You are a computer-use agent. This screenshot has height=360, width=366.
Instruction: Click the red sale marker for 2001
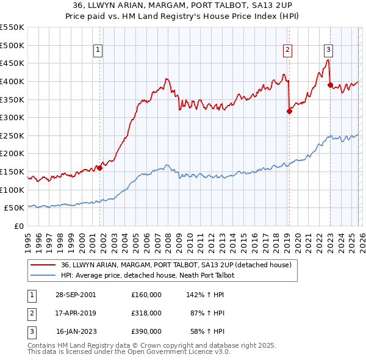99,168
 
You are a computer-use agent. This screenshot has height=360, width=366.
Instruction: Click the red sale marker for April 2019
289,111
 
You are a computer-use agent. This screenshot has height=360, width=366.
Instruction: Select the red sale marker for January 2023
330,85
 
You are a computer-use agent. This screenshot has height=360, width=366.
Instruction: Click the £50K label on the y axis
14,208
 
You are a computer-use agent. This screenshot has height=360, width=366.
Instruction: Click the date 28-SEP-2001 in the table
76,294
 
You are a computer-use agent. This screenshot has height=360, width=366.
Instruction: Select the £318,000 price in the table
146,313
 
